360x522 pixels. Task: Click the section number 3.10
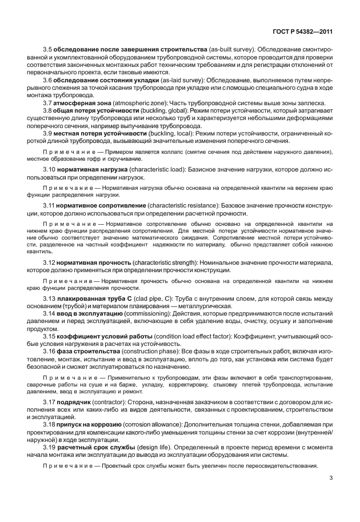[50, 170]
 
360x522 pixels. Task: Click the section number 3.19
[50, 447]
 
